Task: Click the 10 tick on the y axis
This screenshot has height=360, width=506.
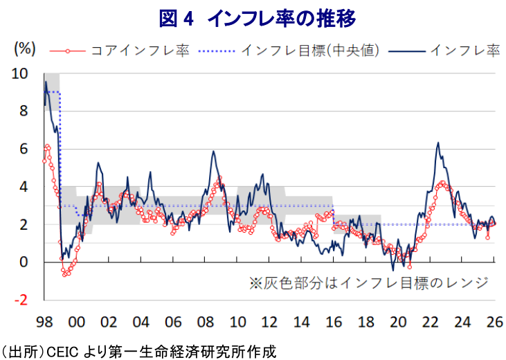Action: (21, 73)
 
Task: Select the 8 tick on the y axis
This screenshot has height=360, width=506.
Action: (24, 111)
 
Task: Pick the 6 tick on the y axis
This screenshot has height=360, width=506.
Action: (24, 149)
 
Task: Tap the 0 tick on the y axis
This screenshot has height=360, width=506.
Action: (24, 262)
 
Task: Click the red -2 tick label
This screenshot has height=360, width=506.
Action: (21, 300)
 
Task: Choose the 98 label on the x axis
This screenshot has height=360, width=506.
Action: (45, 323)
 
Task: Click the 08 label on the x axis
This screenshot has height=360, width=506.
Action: (205, 323)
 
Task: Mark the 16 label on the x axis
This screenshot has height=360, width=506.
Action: (333, 323)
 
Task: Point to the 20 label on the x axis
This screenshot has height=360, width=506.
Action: (397, 323)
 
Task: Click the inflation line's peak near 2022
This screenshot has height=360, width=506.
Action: (438, 143)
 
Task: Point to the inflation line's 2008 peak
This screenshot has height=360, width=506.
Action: (213, 152)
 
